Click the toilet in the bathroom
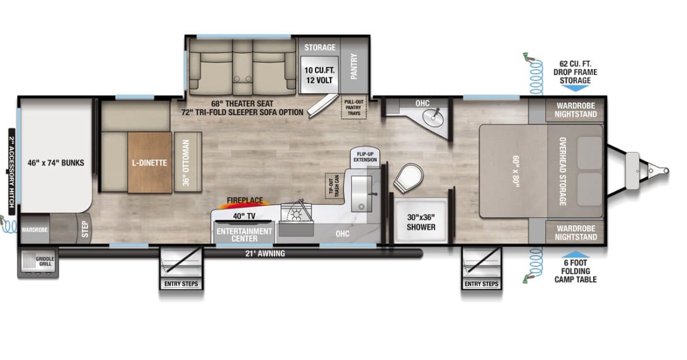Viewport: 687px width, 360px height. point(408,177)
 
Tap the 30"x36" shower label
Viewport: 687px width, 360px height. point(421,222)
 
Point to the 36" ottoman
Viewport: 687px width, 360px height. point(188,162)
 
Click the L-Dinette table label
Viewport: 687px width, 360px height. point(149,163)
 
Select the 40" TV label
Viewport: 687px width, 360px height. point(244,216)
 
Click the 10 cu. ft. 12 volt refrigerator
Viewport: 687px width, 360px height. point(319,75)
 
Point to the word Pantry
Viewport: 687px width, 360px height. point(354,66)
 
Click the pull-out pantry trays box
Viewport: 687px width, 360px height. point(354,107)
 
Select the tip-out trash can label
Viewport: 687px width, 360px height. point(334,186)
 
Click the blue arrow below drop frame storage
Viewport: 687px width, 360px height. point(576,88)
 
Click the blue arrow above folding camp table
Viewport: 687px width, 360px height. point(576,254)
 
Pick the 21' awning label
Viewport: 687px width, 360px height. point(264,253)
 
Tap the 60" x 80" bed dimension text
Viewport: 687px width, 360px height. point(516,171)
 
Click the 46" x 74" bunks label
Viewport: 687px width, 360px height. point(55,163)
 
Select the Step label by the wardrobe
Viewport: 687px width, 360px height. point(84,229)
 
